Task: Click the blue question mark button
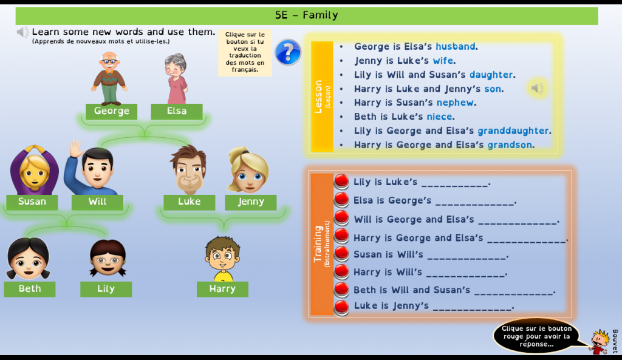coord(288,52)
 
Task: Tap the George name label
coord(111,112)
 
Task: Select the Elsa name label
coord(177,112)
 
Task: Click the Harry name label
coord(222,289)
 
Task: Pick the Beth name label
coord(30,289)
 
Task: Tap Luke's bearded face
coord(188,170)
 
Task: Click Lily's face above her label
coord(108,258)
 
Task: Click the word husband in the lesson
coord(456,47)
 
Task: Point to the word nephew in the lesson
coord(456,103)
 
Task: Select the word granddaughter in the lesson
coord(513,131)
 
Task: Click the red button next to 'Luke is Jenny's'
coord(342,307)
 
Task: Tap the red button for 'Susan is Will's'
coord(342,254)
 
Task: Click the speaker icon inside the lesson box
coord(538,89)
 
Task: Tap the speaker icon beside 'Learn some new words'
coord(23,32)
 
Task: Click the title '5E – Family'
coord(307,16)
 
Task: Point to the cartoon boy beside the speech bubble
coord(599,342)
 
